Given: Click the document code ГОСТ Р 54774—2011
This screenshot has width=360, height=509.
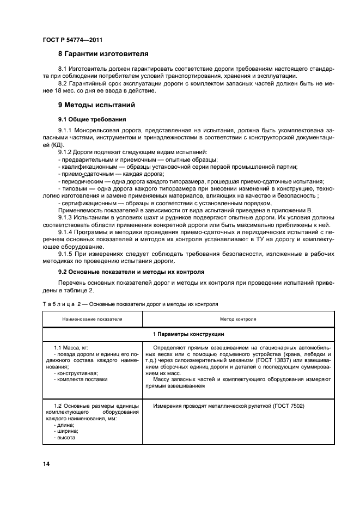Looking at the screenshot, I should [x=72, y=40].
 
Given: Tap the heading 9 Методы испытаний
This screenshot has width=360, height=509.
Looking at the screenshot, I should [x=97, y=105].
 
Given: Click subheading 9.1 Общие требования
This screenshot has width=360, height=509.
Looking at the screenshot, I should [x=92, y=119].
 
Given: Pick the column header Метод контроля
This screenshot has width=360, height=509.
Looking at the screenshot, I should [x=238, y=319].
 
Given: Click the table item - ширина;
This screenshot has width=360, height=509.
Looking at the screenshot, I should [x=68, y=431].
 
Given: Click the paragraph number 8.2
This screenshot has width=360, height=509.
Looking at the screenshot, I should [x=64, y=83].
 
